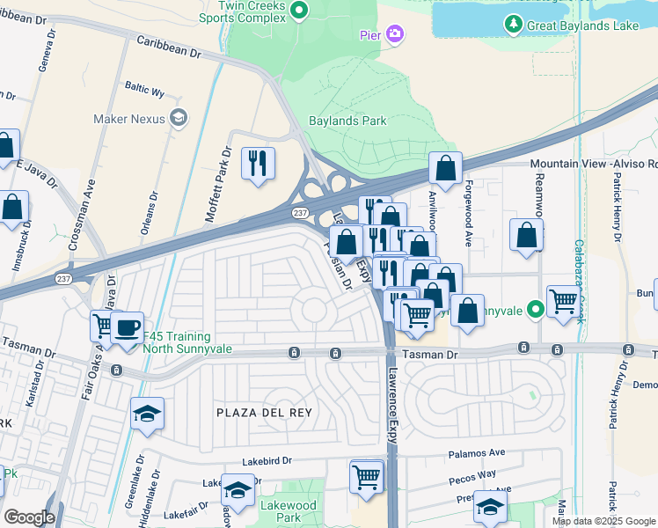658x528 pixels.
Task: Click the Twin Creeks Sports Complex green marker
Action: [x=298, y=11]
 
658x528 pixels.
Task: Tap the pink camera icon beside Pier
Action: [x=395, y=34]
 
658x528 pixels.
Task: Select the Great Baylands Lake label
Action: [x=582, y=26]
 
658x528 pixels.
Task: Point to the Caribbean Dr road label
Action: [x=169, y=48]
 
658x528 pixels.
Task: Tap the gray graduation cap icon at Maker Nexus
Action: [x=179, y=118]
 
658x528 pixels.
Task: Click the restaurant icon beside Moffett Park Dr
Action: [x=258, y=163]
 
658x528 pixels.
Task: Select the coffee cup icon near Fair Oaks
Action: [x=127, y=327]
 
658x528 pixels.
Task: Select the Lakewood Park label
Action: [x=289, y=511]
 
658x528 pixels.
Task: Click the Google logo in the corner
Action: [x=29, y=517]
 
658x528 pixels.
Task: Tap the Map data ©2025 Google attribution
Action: [x=603, y=521]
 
